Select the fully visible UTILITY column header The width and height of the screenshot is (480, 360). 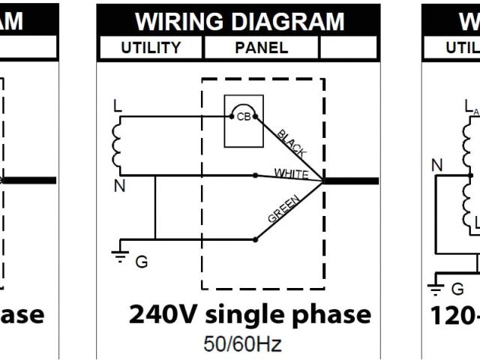click(x=151, y=48)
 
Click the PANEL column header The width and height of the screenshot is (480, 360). click(x=261, y=48)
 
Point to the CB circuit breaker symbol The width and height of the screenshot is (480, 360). click(x=243, y=117)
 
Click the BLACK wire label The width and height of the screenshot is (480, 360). click(x=292, y=142)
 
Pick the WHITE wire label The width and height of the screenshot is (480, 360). click(x=291, y=172)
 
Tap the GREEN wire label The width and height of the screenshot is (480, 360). click(x=284, y=211)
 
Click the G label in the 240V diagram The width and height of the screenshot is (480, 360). click(x=142, y=262)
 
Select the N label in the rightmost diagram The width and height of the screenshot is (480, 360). click(x=437, y=166)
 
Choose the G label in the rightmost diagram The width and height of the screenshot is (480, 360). click(x=457, y=289)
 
